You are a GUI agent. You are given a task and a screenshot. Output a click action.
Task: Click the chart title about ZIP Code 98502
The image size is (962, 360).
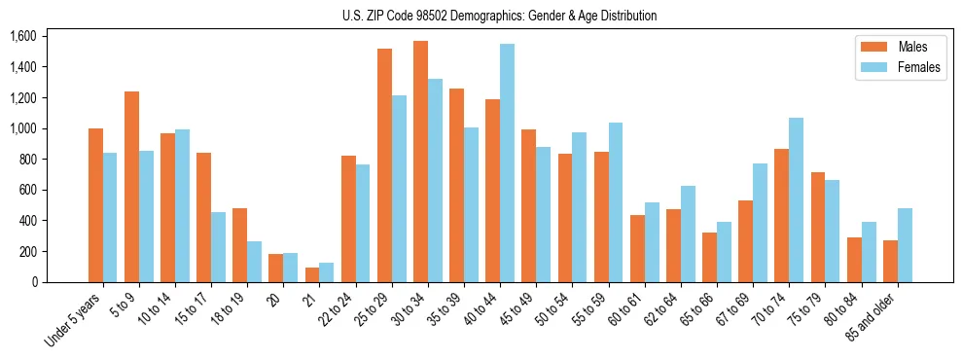(499, 16)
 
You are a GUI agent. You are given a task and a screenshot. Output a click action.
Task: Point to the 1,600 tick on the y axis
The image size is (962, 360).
(22, 36)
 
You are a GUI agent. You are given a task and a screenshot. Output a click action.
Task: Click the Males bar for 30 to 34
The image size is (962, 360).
(420, 162)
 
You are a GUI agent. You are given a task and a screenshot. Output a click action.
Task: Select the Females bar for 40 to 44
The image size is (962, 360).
(507, 163)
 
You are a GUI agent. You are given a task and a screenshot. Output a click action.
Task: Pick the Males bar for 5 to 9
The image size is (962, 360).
(131, 187)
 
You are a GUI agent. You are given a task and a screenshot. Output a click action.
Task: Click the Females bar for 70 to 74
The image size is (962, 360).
(796, 199)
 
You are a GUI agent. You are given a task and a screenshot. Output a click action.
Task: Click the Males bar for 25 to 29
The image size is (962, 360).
(384, 165)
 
